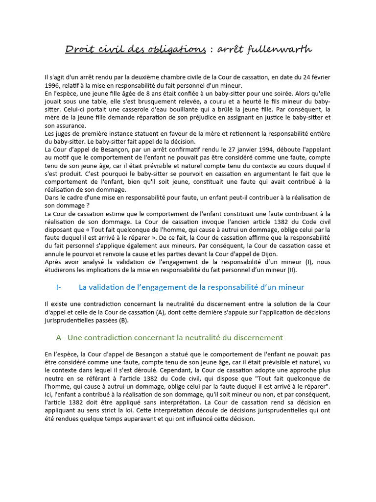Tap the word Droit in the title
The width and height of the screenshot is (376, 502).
[x=78, y=50]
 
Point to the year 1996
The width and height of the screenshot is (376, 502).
[x=52, y=85]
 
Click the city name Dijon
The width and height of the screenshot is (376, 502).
[x=268, y=253]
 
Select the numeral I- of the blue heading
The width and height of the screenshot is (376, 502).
[x=59, y=287]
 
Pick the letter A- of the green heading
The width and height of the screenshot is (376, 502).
[x=60, y=337]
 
